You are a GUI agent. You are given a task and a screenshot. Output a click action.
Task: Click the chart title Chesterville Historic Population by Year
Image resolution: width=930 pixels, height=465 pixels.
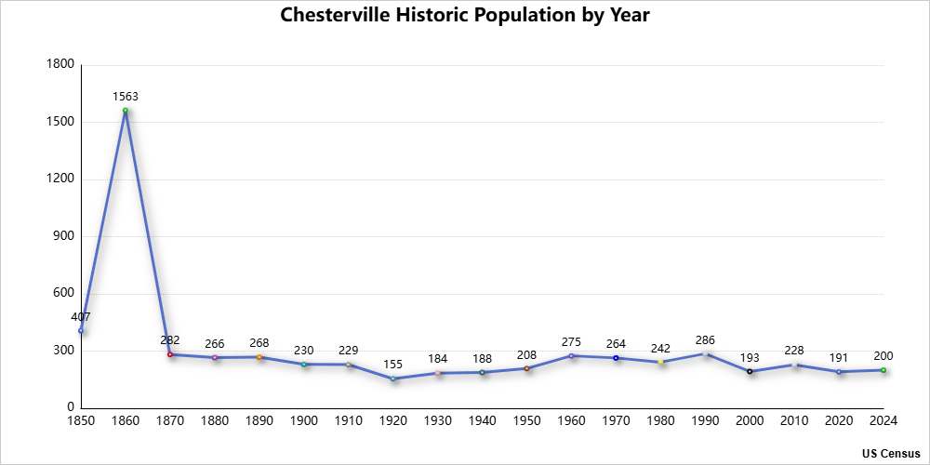point(465,16)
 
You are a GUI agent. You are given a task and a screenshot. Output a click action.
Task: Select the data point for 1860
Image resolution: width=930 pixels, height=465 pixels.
point(126,111)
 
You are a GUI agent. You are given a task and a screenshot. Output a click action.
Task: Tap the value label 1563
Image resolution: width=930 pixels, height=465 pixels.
point(126,97)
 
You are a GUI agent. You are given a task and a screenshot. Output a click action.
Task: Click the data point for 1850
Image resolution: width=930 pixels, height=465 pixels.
point(81,330)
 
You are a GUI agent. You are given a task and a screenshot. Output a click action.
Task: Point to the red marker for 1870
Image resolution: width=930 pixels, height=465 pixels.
point(170,354)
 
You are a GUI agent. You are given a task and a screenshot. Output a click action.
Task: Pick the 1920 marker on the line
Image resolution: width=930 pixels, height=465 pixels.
point(393,379)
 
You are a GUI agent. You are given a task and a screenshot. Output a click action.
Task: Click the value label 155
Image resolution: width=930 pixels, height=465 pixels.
point(393,364)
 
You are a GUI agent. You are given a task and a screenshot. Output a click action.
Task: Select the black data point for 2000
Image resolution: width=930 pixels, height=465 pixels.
point(750,371)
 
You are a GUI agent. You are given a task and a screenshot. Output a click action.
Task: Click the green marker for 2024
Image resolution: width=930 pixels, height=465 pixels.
point(883,370)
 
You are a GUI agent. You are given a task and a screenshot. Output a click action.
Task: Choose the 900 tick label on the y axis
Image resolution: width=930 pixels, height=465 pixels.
point(63,236)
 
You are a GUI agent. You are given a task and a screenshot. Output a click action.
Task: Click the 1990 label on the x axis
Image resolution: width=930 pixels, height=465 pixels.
point(705,421)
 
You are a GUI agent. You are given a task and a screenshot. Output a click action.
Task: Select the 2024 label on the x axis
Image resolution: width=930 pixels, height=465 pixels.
point(883,421)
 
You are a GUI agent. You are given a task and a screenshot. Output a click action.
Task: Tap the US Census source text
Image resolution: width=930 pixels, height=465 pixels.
point(891,453)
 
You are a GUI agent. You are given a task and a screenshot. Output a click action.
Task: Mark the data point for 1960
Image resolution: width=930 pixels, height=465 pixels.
point(571,355)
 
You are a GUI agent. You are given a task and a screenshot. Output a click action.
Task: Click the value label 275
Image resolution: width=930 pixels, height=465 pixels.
point(571,341)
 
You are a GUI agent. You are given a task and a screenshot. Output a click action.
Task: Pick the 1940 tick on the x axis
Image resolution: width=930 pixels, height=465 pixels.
point(482,421)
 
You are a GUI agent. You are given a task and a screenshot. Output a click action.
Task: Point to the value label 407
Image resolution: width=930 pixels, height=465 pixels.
point(82,317)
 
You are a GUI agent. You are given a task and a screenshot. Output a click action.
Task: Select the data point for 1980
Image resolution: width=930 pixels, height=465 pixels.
point(660,362)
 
